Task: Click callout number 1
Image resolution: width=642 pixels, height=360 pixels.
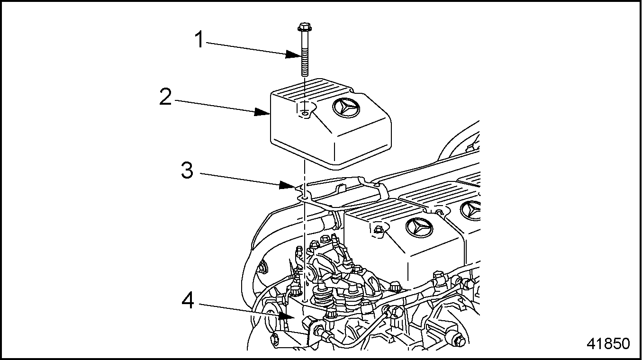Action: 200,40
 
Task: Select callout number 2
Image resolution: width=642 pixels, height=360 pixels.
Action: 165,97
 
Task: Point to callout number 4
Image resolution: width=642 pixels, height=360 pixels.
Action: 188,300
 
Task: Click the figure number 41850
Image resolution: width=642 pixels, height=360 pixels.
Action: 608,343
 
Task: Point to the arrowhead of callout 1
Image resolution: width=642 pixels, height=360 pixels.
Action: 293,55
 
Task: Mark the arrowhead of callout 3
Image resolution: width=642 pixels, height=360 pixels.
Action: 287,186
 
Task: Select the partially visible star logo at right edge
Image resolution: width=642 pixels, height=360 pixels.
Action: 474,210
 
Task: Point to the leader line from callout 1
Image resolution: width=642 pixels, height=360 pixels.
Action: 246,48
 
